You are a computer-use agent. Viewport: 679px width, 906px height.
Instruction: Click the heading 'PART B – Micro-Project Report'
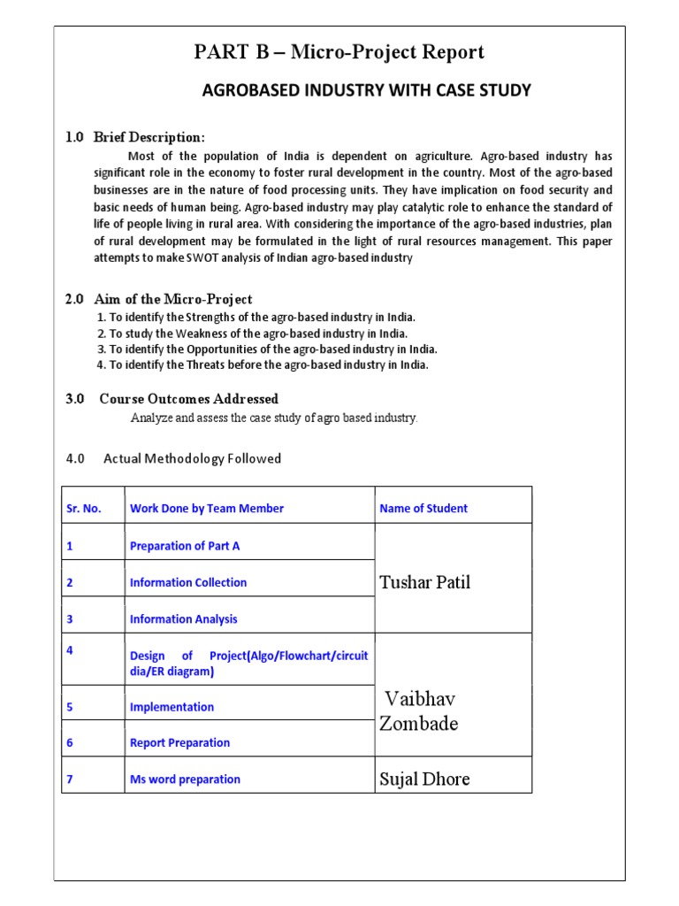tap(339, 53)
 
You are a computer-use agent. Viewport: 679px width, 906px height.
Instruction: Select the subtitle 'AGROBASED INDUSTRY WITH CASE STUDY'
tap(367, 90)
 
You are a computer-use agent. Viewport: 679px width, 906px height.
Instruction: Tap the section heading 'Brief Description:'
tap(151, 137)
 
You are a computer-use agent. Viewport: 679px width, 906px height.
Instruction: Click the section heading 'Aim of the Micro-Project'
tap(175, 299)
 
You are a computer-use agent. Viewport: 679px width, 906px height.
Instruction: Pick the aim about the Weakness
tap(252, 334)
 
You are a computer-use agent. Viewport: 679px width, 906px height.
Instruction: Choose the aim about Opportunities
tap(266, 349)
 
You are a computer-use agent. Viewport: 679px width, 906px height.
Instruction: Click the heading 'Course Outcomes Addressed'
tap(188, 399)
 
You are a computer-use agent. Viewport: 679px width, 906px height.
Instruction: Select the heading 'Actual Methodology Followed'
tap(192, 458)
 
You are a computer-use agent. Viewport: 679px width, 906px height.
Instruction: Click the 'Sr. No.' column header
tap(84, 509)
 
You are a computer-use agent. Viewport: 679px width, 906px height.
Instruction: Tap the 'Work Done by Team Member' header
tap(207, 509)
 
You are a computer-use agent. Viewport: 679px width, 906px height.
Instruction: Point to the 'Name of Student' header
tap(423, 509)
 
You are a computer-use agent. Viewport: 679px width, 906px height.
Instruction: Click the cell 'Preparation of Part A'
tap(185, 546)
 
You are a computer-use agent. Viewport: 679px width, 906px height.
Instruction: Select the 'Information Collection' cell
tap(188, 583)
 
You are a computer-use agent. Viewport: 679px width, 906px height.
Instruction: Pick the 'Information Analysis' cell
tap(184, 619)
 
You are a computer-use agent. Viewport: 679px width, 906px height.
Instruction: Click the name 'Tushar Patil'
tap(424, 582)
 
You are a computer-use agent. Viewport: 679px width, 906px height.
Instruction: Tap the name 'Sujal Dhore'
tap(424, 779)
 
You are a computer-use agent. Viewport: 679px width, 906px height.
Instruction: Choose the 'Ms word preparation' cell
tap(185, 779)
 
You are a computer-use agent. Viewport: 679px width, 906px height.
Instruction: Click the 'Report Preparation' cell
tap(179, 743)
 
